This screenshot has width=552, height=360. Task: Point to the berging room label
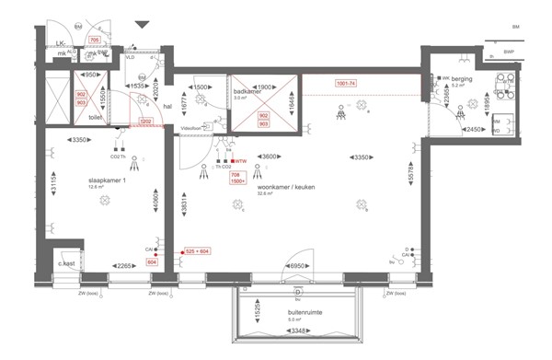click(461, 80)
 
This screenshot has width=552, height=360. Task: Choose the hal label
click(167, 106)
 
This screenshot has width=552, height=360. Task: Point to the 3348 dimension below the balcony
click(296, 349)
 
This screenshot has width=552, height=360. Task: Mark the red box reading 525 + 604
click(198, 250)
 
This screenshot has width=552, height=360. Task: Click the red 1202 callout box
click(145, 121)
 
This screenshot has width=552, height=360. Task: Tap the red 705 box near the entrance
click(94, 41)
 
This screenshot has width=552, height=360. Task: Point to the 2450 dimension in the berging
click(474, 130)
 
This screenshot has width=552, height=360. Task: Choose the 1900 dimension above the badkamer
click(263, 75)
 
